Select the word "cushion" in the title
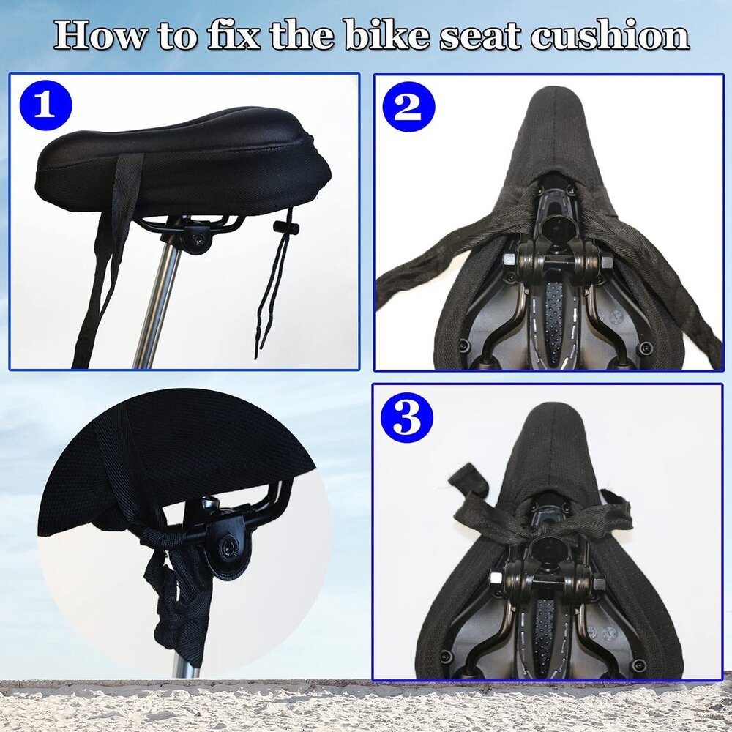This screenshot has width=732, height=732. [x=610, y=35]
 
